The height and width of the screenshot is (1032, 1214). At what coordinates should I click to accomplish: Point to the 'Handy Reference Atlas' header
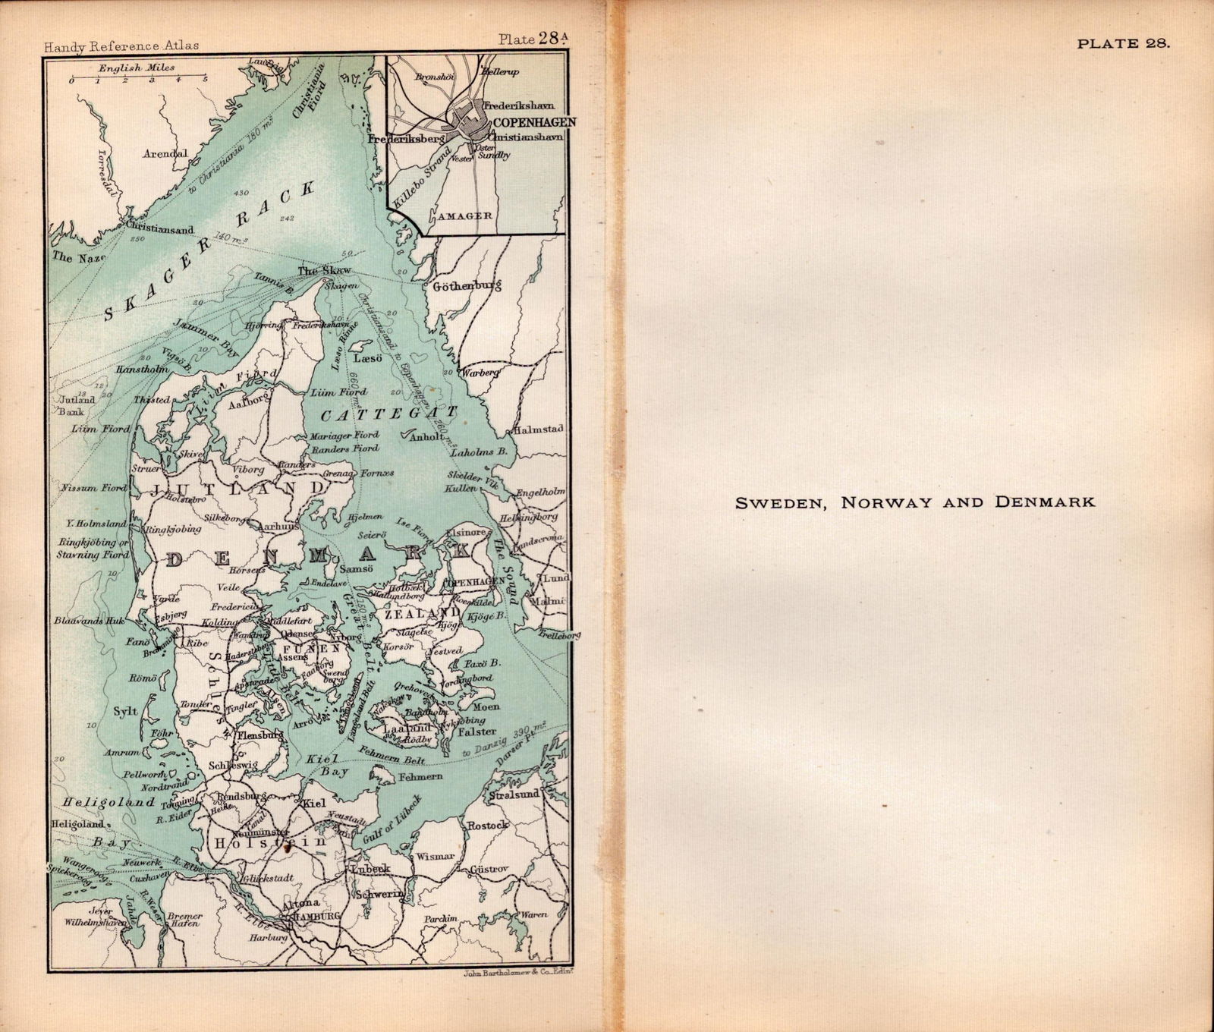tap(121, 46)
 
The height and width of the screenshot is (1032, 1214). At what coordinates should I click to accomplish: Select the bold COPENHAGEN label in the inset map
tap(534, 122)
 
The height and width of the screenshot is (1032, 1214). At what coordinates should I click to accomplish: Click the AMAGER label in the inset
tap(465, 216)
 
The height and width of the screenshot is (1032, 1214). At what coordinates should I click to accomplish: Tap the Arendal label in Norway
tap(165, 153)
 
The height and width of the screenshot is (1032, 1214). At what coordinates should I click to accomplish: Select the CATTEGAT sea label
tap(390, 414)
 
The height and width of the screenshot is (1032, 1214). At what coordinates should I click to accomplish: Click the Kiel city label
tap(313, 803)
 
